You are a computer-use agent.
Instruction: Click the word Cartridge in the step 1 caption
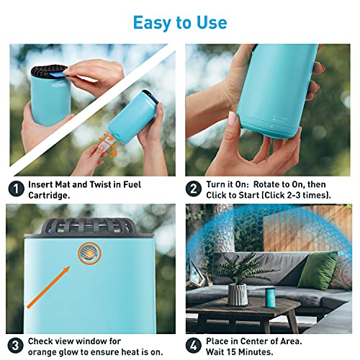pyautogui.click(x=50, y=197)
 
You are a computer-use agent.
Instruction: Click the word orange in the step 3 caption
pyautogui.click(x=45, y=351)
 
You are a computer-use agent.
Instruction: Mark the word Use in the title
pyautogui.click(x=209, y=22)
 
